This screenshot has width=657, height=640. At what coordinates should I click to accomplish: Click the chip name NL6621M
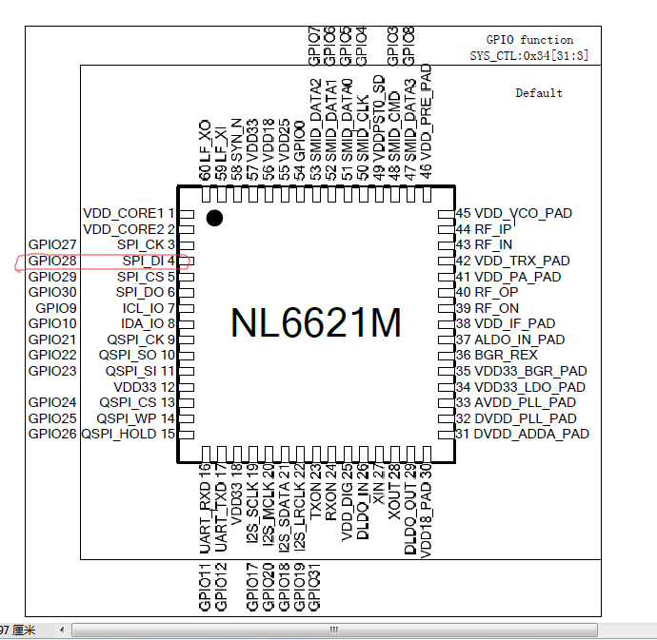click(x=316, y=322)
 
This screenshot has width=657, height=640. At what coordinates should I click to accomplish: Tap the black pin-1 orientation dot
click(x=214, y=218)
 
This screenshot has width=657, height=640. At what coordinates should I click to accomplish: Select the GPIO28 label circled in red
click(x=52, y=261)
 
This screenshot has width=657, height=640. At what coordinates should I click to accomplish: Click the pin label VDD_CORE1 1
click(x=129, y=213)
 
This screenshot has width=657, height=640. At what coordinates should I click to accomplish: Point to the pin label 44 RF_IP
click(x=484, y=229)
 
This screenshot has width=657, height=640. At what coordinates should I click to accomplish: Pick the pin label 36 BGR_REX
click(x=496, y=355)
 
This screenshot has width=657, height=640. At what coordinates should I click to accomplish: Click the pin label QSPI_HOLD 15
click(x=128, y=434)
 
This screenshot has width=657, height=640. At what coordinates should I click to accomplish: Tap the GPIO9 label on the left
click(x=56, y=308)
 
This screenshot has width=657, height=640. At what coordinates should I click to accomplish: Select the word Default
click(x=539, y=93)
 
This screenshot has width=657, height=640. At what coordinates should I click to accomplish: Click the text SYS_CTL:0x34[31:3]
click(x=529, y=56)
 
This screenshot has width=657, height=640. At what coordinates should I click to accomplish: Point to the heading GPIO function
click(x=529, y=40)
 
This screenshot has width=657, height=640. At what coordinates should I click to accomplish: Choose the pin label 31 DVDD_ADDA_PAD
click(x=523, y=434)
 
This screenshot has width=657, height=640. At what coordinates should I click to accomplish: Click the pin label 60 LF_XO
click(x=205, y=150)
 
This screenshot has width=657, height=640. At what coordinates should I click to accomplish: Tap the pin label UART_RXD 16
click(x=205, y=508)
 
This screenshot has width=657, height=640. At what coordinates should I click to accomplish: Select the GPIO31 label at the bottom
click(x=314, y=587)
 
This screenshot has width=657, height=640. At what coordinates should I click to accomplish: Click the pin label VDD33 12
click(x=144, y=387)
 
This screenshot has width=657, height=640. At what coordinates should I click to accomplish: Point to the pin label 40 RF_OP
click(x=487, y=292)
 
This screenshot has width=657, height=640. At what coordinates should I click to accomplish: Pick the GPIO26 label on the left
click(x=52, y=434)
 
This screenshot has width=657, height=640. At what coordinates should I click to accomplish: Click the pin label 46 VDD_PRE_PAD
click(x=425, y=122)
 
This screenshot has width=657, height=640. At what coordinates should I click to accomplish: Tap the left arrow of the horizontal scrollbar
click(x=62, y=630)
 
